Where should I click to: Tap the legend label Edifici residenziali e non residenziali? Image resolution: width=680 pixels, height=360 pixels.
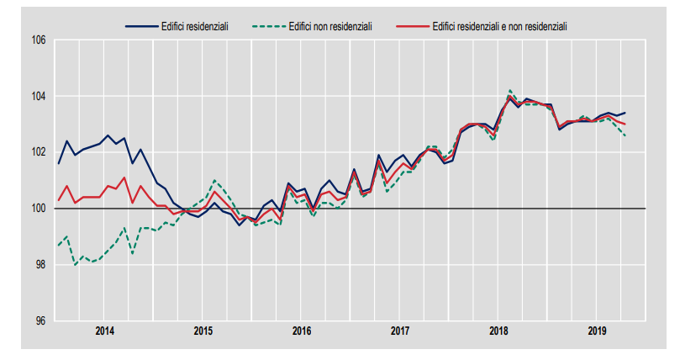click(499, 26)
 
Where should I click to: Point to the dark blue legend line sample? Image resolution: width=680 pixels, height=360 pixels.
click(140, 26)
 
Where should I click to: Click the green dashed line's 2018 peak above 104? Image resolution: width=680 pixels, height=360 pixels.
click(510, 90)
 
